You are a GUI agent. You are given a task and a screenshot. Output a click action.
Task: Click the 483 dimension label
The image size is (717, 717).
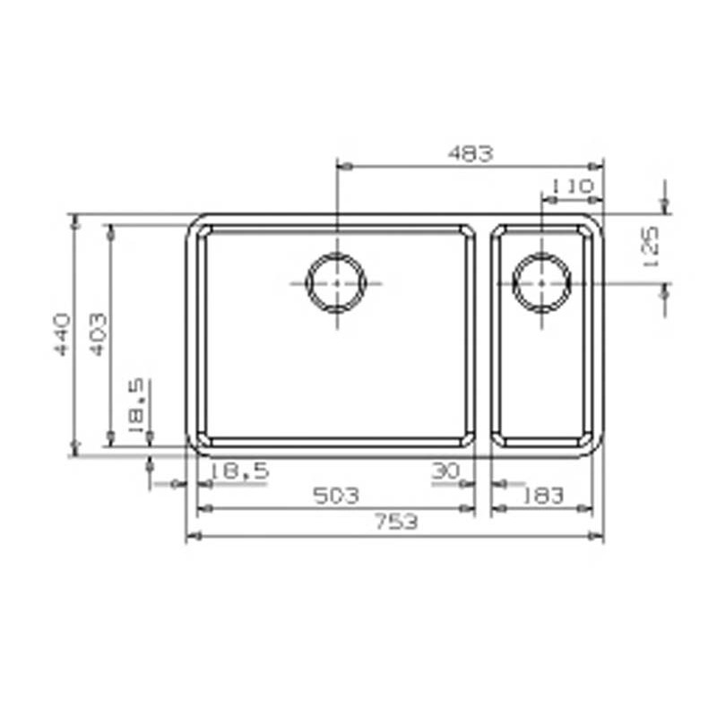tap(471, 153)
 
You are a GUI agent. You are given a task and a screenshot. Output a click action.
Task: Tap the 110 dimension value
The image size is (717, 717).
tap(572, 186)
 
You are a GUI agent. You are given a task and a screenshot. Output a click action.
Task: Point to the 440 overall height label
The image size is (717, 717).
tap(62, 334)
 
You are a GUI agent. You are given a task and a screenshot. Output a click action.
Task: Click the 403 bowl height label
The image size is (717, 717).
tap(99, 334)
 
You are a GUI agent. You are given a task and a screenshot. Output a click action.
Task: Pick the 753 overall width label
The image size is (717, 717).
tap(396, 522)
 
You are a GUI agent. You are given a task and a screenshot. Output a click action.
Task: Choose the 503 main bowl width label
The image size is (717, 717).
tap(336, 496)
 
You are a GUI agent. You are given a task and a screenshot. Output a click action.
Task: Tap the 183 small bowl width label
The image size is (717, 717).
tap(543, 496)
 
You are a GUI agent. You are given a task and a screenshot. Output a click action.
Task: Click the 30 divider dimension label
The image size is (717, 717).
tap(445, 471)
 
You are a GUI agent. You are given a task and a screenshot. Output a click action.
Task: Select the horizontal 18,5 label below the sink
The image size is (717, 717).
tap(239, 471)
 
